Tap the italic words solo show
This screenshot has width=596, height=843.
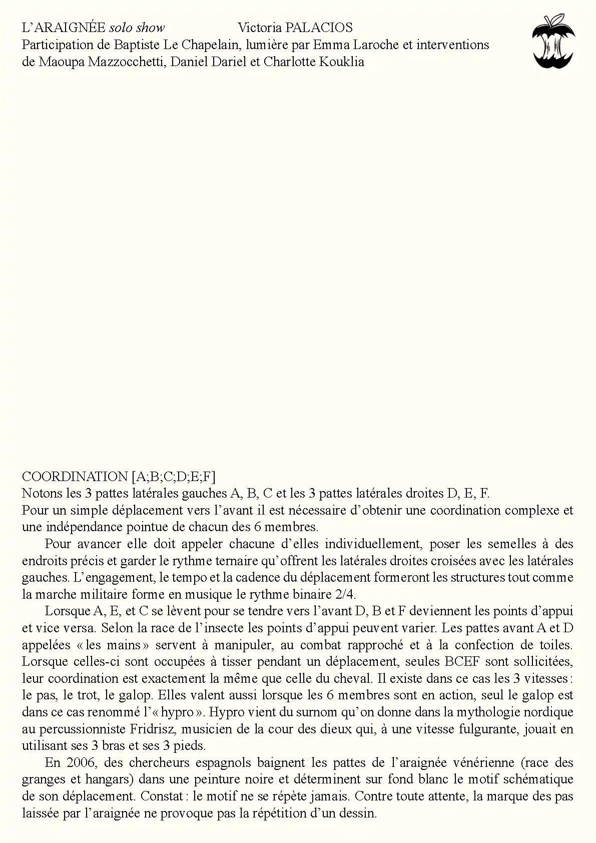click(x=137, y=28)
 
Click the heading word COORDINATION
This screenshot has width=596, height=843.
click(x=75, y=476)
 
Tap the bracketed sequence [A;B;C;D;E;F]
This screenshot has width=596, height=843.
click(x=174, y=476)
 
